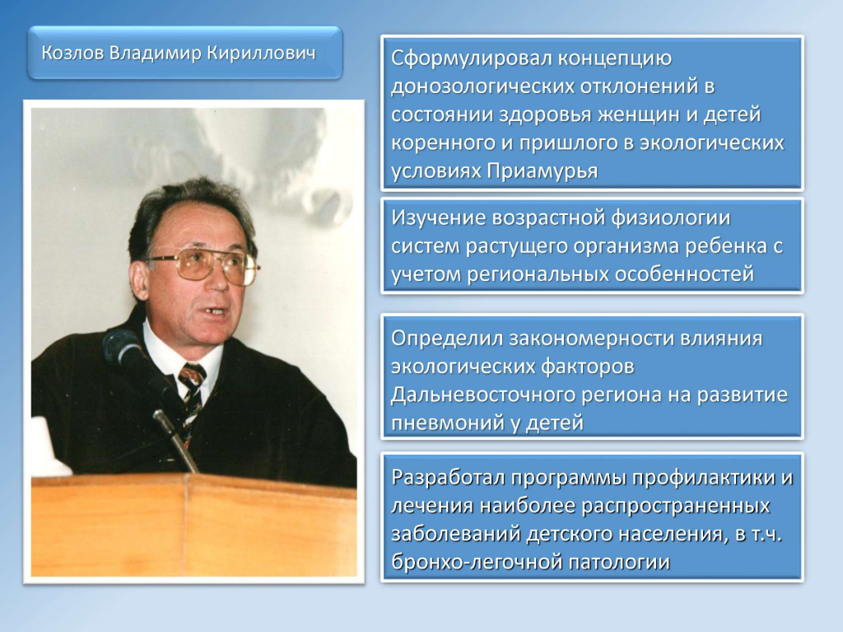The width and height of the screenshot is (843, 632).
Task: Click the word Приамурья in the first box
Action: pos(543,171)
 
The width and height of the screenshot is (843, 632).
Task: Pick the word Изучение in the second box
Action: pos(438,218)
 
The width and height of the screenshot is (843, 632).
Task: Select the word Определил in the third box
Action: pos(445,339)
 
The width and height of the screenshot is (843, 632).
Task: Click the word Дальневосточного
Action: pos(484,396)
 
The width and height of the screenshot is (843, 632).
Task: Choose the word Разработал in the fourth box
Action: pos(448,478)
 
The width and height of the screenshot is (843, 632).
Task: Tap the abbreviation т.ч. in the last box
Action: pos(766,535)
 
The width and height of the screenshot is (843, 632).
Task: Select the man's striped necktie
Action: pos(190,399)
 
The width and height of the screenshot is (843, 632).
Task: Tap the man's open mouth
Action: pos(217,311)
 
